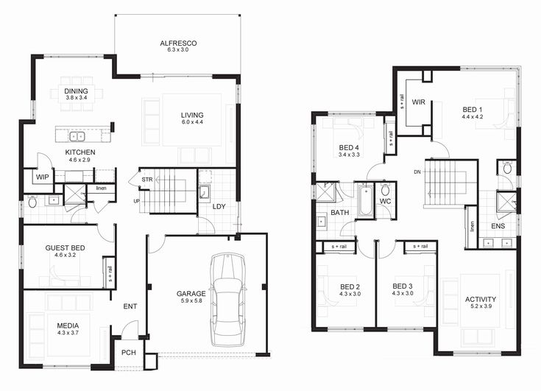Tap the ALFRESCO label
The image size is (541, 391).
click(x=177, y=43)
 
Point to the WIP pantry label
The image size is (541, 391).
click(x=42, y=177)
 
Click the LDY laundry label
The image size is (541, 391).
click(x=219, y=206)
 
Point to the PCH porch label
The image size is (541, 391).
click(x=129, y=353)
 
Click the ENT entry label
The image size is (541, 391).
click(x=130, y=306)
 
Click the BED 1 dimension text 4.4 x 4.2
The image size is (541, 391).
click(x=472, y=116)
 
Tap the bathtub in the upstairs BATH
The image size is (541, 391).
click(x=365, y=200)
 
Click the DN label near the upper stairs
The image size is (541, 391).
click(x=417, y=173)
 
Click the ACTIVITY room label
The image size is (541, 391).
click(x=480, y=299)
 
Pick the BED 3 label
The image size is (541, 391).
click(x=402, y=286)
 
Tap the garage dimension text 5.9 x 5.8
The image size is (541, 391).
click(x=190, y=301)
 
